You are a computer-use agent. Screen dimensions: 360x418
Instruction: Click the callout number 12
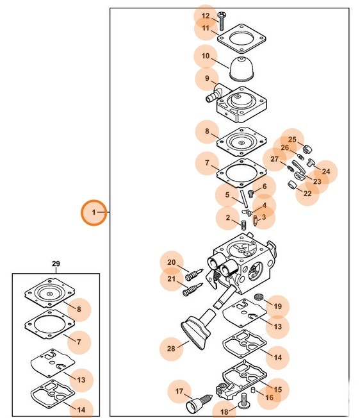point(205,16)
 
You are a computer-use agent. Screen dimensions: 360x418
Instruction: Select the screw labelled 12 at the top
point(221,21)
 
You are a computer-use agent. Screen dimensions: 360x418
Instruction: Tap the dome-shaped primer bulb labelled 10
point(241,68)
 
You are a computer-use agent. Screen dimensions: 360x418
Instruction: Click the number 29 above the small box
point(56,263)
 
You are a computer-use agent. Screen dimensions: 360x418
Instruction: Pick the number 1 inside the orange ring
point(94,212)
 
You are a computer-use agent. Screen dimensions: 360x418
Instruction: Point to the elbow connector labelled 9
point(215,93)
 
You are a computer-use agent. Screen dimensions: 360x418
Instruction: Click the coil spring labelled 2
point(243,225)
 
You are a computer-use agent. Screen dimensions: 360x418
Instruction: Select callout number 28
point(171,348)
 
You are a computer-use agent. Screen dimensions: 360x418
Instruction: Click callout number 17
point(179,391)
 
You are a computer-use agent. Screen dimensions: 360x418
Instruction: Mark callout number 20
point(172,262)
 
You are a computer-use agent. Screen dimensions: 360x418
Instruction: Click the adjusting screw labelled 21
point(193,289)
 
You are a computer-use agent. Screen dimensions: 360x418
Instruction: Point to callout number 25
point(292,139)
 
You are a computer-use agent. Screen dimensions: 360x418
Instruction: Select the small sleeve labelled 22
point(293,185)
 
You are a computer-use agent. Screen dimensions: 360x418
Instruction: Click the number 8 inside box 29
point(79,310)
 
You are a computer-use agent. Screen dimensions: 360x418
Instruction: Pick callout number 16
point(270,397)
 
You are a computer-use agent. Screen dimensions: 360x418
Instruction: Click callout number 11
point(206,28)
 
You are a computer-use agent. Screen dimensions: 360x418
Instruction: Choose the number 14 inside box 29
point(81,410)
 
